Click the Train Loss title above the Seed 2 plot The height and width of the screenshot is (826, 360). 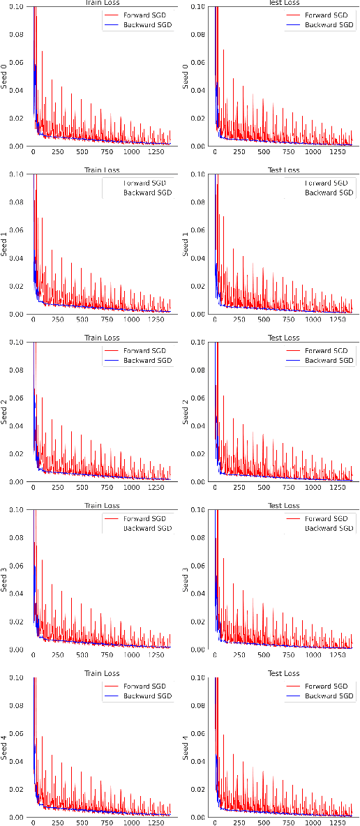[103, 338]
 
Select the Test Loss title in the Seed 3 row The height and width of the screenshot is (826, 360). [283, 506]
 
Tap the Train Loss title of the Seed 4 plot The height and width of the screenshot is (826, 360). [103, 673]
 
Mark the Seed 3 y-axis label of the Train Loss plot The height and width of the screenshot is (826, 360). [5, 580]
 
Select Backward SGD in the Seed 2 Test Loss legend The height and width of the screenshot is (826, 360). [329, 361]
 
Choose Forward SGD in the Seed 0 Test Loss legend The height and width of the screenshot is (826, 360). [329, 15]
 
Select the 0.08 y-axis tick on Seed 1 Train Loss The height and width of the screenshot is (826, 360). [15, 202]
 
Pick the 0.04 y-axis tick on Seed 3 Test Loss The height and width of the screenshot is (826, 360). [197, 594]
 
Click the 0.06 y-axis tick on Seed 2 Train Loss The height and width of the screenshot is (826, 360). [15, 398]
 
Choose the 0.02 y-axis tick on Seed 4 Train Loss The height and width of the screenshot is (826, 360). [15, 789]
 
